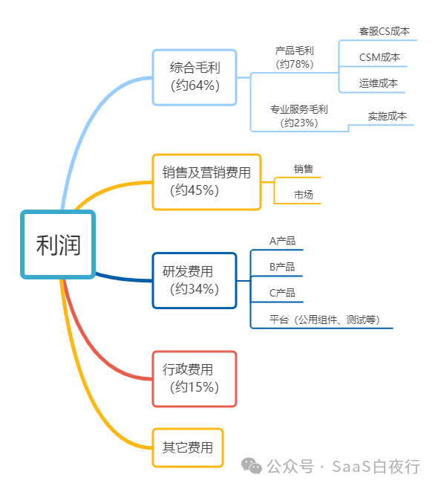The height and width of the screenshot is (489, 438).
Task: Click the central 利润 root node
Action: point(58,244)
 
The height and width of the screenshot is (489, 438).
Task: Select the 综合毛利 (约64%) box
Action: point(195,77)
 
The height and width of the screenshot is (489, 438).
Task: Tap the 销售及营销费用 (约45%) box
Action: point(206,182)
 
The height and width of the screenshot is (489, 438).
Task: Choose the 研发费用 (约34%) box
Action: point(195,280)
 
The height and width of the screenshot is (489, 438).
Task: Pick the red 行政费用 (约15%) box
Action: point(195,379)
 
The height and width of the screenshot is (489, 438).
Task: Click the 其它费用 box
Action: point(188,447)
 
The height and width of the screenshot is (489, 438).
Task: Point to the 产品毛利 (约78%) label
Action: point(295,57)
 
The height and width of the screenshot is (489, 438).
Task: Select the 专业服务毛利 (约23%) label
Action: point(299,116)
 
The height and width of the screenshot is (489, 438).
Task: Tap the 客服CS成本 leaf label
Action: point(385,31)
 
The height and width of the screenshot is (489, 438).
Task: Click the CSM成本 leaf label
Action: point(379,57)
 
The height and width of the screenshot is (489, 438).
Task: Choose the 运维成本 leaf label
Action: point(379,83)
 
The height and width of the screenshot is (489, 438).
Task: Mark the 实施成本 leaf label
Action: point(388,116)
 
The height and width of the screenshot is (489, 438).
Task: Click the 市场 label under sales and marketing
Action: point(304,195)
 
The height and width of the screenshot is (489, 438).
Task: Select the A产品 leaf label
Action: point(282,241)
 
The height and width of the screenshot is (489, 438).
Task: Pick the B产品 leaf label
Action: point(282,267)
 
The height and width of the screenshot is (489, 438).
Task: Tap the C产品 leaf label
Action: point(282,293)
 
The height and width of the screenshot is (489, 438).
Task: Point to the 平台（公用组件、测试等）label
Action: point(324,320)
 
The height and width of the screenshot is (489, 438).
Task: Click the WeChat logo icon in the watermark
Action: point(252,466)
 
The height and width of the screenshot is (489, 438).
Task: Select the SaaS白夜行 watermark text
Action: point(376,467)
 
